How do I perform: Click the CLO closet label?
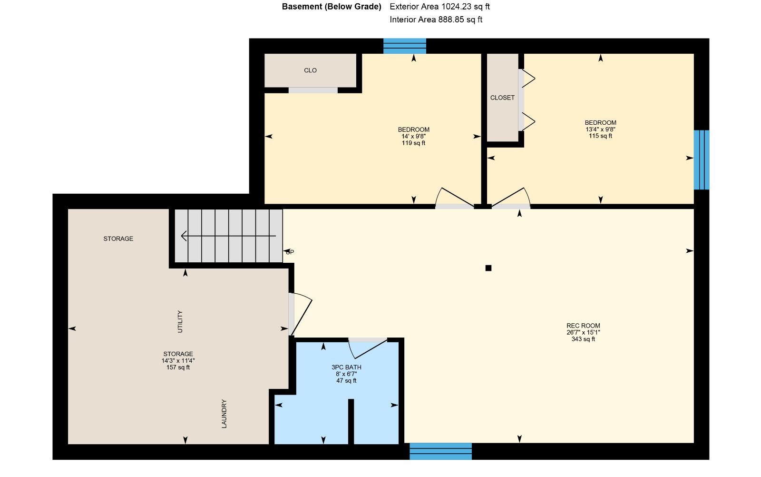[x=310, y=70]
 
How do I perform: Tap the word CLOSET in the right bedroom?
[x=502, y=98]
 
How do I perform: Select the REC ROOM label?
[x=583, y=326]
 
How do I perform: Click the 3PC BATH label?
[x=346, y=367]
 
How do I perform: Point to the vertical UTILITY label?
[x=180, y=322]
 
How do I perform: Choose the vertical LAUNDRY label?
[x=224, y=414]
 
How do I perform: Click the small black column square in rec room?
[x=488, y=268]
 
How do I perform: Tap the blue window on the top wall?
[x=405, y=46]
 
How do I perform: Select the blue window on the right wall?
[x=701, y=160]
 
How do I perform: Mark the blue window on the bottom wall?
[x=440, y=451]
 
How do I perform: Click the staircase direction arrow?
[x=228, y=236]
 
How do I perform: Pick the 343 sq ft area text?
[x=583, y=339]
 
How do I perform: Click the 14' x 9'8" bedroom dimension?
[x=413, y=136]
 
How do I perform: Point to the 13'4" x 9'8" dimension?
[x=600, y=129]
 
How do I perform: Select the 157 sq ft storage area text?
[x=178, y=368]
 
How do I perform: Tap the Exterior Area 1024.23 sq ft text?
[x=439, y=7]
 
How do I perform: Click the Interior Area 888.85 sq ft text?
[x=436, y=20]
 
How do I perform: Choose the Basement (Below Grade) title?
[x=332, y=7]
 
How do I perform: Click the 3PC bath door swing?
[x=368, y=349]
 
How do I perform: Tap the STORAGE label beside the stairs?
[x=118, y=239]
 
